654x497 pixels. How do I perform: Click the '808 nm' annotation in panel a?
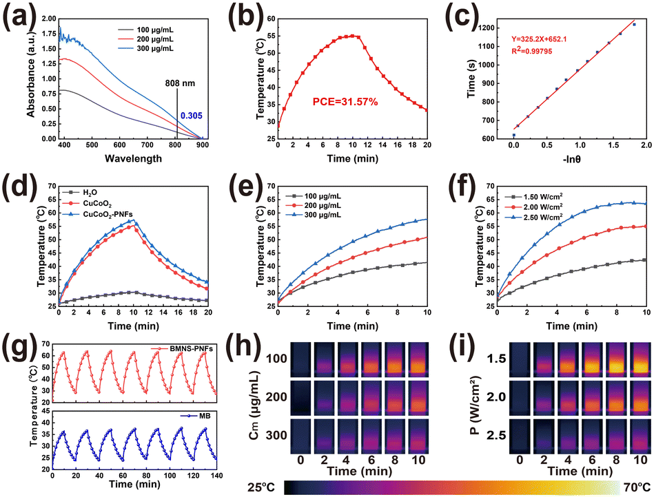[x=180, y=83]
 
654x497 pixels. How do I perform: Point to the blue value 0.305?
[x=192, y=116]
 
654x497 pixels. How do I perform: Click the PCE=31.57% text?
[x=345, y=101]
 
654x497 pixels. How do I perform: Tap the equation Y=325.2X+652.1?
[x=539, y=39]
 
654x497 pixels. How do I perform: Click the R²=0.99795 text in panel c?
[x=532, y=51]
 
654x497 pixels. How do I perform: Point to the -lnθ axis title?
[x=571, y=159]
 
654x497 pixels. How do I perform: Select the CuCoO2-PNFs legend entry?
[x=98, y=214]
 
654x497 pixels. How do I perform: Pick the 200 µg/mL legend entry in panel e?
[x=314, y=206]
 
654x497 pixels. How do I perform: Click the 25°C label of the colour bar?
[x=261, y=487]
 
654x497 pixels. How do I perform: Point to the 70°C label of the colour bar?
[x=637, y=487]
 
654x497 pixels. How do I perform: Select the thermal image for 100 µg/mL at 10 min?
[x=418, y=359]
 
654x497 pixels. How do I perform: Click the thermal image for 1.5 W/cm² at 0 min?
[x=520, y=359]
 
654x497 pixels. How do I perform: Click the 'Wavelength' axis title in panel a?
[x=134, y=159]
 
